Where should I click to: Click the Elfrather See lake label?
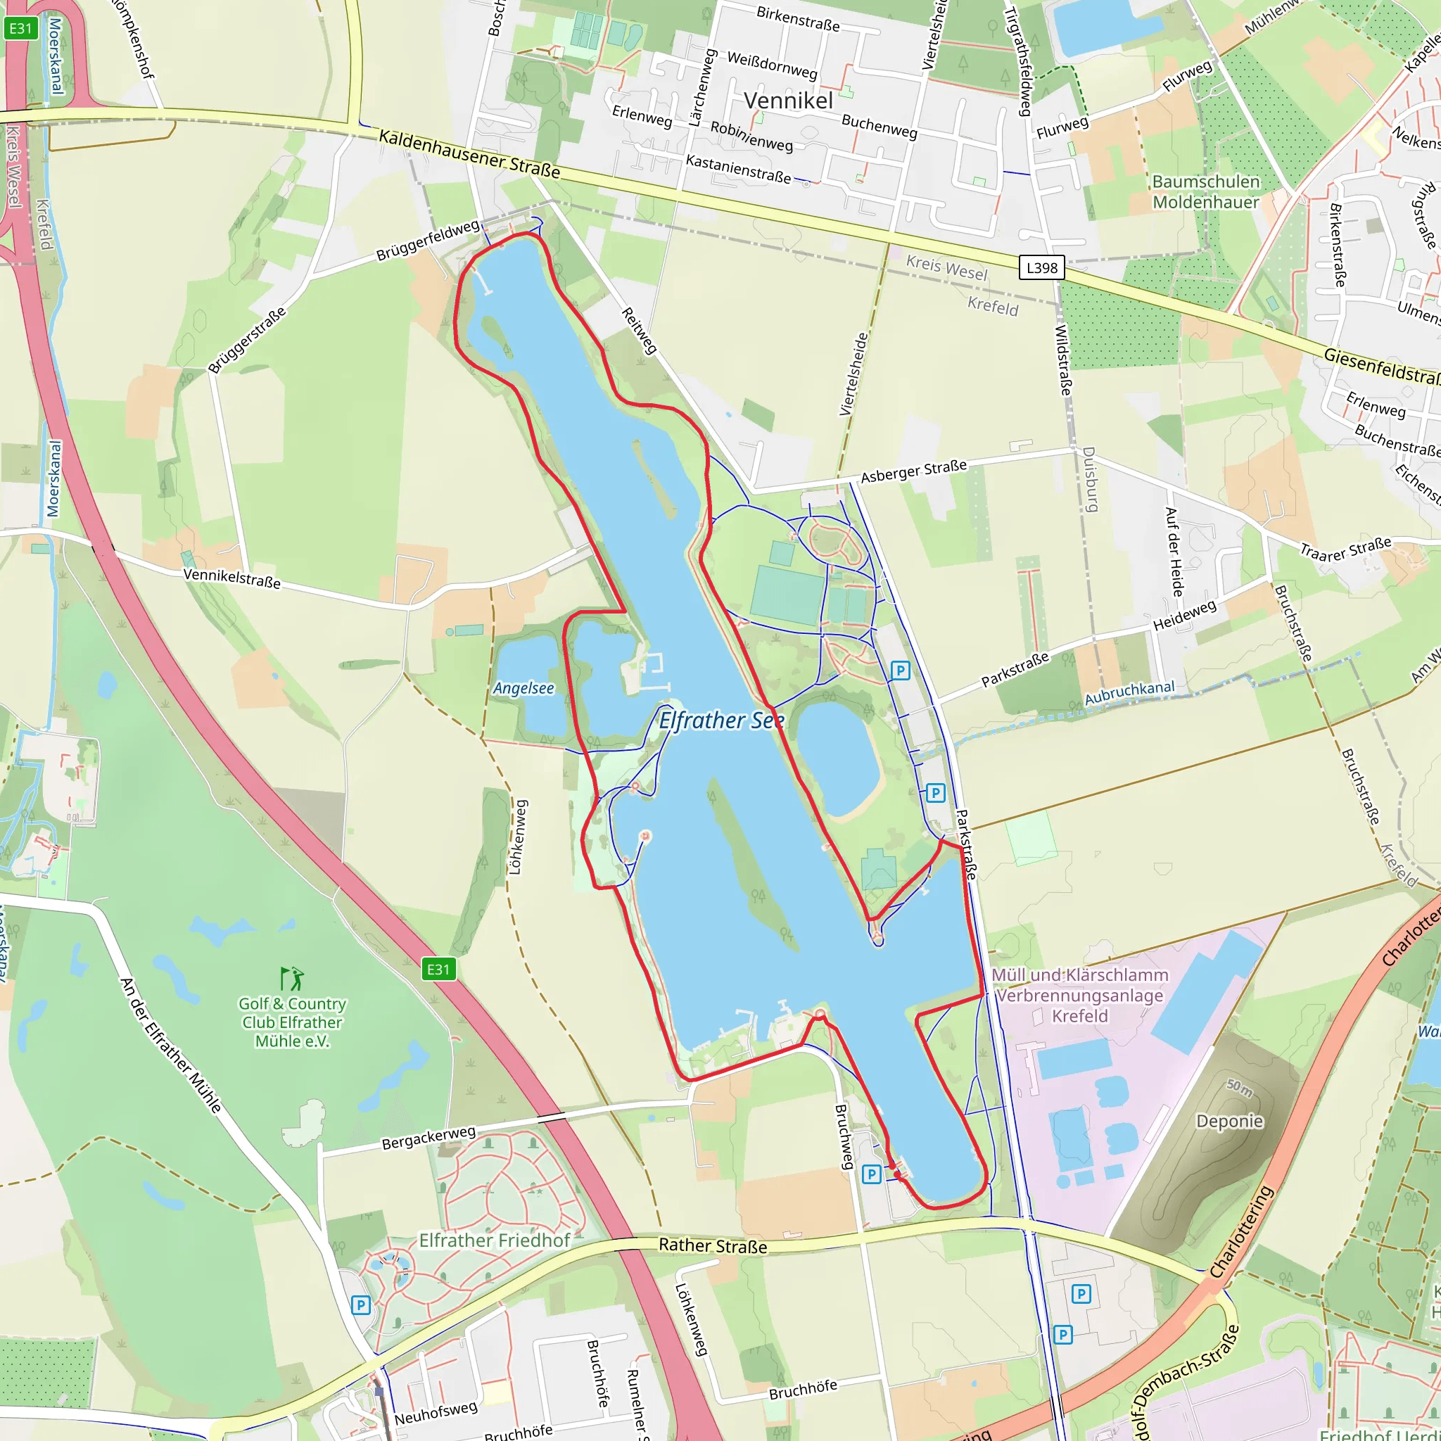click(x=720, y=720)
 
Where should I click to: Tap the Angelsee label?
click(x=523, y=687)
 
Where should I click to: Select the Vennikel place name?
click(x=788, y=101)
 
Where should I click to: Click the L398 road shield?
click(x=1041, y=268)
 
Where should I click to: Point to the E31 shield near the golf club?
click(x=438, y=970)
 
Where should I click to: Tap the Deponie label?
click(x=1229, y=1121)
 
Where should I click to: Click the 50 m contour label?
click(x=1239, y=1088)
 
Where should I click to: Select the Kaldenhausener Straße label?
click(x=469, y=153)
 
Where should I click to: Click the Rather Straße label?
click(x=712, y=1245)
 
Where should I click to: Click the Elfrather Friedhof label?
click(x=494, y=1240)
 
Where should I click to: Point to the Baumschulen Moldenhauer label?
click(x=1205, y=191)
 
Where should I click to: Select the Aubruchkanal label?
click(x=1129, y=692)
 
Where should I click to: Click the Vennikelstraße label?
click(x=232, y=578)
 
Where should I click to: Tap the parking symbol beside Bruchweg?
click(x=871, y=1175)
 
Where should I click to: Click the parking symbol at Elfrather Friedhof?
click(x=360, y=1305)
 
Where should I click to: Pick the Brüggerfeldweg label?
click(x=427, y=240)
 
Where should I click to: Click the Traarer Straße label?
click(x=1345, y=548)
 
